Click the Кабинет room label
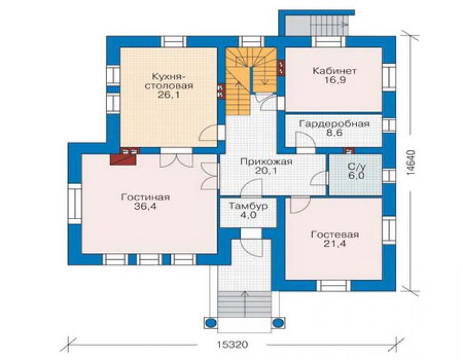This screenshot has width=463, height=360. (x=334, y=71)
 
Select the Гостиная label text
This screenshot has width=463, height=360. (x=145, y=197)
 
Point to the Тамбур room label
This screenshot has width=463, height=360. (x=248, y=206)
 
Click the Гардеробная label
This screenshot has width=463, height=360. (x=334, y=123)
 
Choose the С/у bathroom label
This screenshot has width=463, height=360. (x=357, y=167)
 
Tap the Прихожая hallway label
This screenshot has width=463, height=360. (x=266, y=162)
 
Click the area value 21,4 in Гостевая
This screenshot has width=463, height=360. (x=335, y=244)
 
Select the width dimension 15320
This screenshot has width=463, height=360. (x=232, y=344)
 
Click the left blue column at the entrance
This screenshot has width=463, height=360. (x=210, y=323)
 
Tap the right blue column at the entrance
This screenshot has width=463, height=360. (x=278, y=323)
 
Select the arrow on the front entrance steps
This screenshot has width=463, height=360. (x=245, y=304)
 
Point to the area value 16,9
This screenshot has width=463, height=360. (x=334, y=80)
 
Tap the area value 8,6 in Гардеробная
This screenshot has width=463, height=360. (x=334, y=133)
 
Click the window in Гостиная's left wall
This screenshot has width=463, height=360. (x=75, y=203)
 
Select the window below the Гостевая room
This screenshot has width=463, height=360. (x=333, y=285)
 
